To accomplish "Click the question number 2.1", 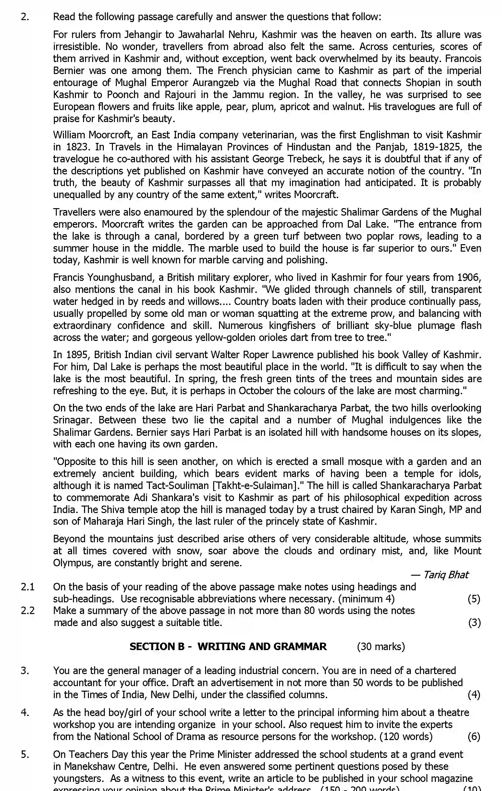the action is (28, 587).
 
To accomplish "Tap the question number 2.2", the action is (28, 611).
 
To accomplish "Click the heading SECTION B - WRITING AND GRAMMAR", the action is (228, 647).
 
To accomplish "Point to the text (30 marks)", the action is (381, 647).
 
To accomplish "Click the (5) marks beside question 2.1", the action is (474, 599).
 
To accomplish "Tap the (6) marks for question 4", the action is (474, 736).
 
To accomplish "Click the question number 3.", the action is (25, 671).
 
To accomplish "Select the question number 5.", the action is (25, 754).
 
